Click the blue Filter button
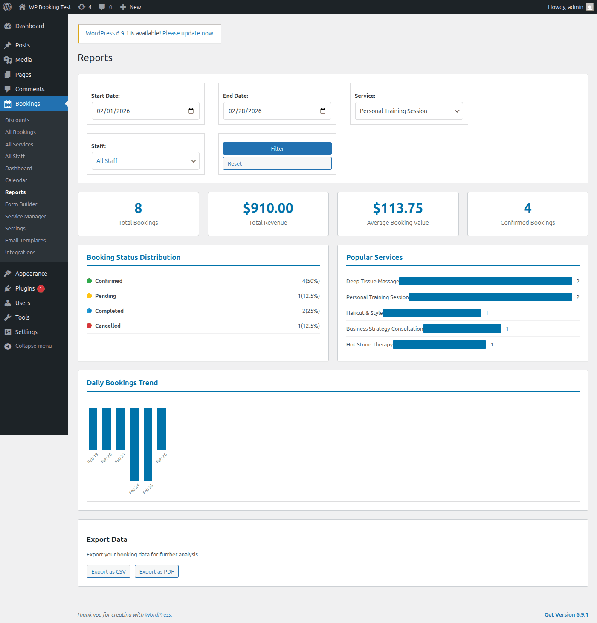coord(277,148)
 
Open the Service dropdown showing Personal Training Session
coord(409,111)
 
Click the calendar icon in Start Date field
coord(191,111)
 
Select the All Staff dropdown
coord(145,161)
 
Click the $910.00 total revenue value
coord(268,208)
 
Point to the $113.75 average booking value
coord(397,208)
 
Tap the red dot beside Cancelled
coord(89,326)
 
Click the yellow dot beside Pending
coord(89,296)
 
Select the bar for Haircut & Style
coord(432,313)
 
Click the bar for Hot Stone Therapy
coord(439,344)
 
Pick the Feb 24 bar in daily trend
coord(134,444)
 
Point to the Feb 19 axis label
coord(93,458)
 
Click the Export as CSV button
coord(108,571)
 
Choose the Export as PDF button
coord(156,571)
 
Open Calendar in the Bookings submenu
coord(16,180)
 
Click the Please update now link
coord(188,33)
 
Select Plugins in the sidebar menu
coord(25,288)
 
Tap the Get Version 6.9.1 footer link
coord(566,614)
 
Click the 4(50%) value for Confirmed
coord(310,281)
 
